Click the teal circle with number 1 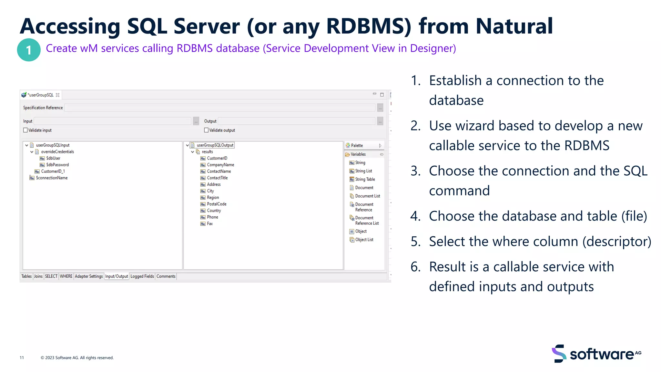click(x=29, y=50)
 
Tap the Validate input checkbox click(x=25, y=130)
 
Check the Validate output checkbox click(x=206, y=130)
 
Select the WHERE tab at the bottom click(x=66, y=276)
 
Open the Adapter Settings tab click(x=89, y=276)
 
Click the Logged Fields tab click(x=142, y=276)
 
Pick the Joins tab click(x=38, y=276)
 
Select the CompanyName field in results click(x=220, y=165)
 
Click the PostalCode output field click(x=217, y=204)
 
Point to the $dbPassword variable click(x=57, y=165)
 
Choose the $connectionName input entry click(x=52, y=178)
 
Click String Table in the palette click(x=365, y=179)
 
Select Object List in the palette click(x=364, y=240)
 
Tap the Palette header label click(x=357, y=146)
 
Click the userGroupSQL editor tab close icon click(x=58, y=95)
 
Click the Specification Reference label click(x=43, y=108)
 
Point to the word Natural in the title click(x=514, y=26)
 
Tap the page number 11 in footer click(x=22, y=358)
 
